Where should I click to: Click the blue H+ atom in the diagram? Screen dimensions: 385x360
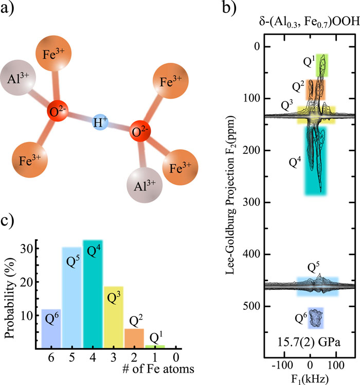[x=98, y=124]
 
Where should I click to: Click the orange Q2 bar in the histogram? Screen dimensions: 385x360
[x=134, y=337]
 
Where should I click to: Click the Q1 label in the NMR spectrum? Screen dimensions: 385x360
[x=308, y=63]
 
